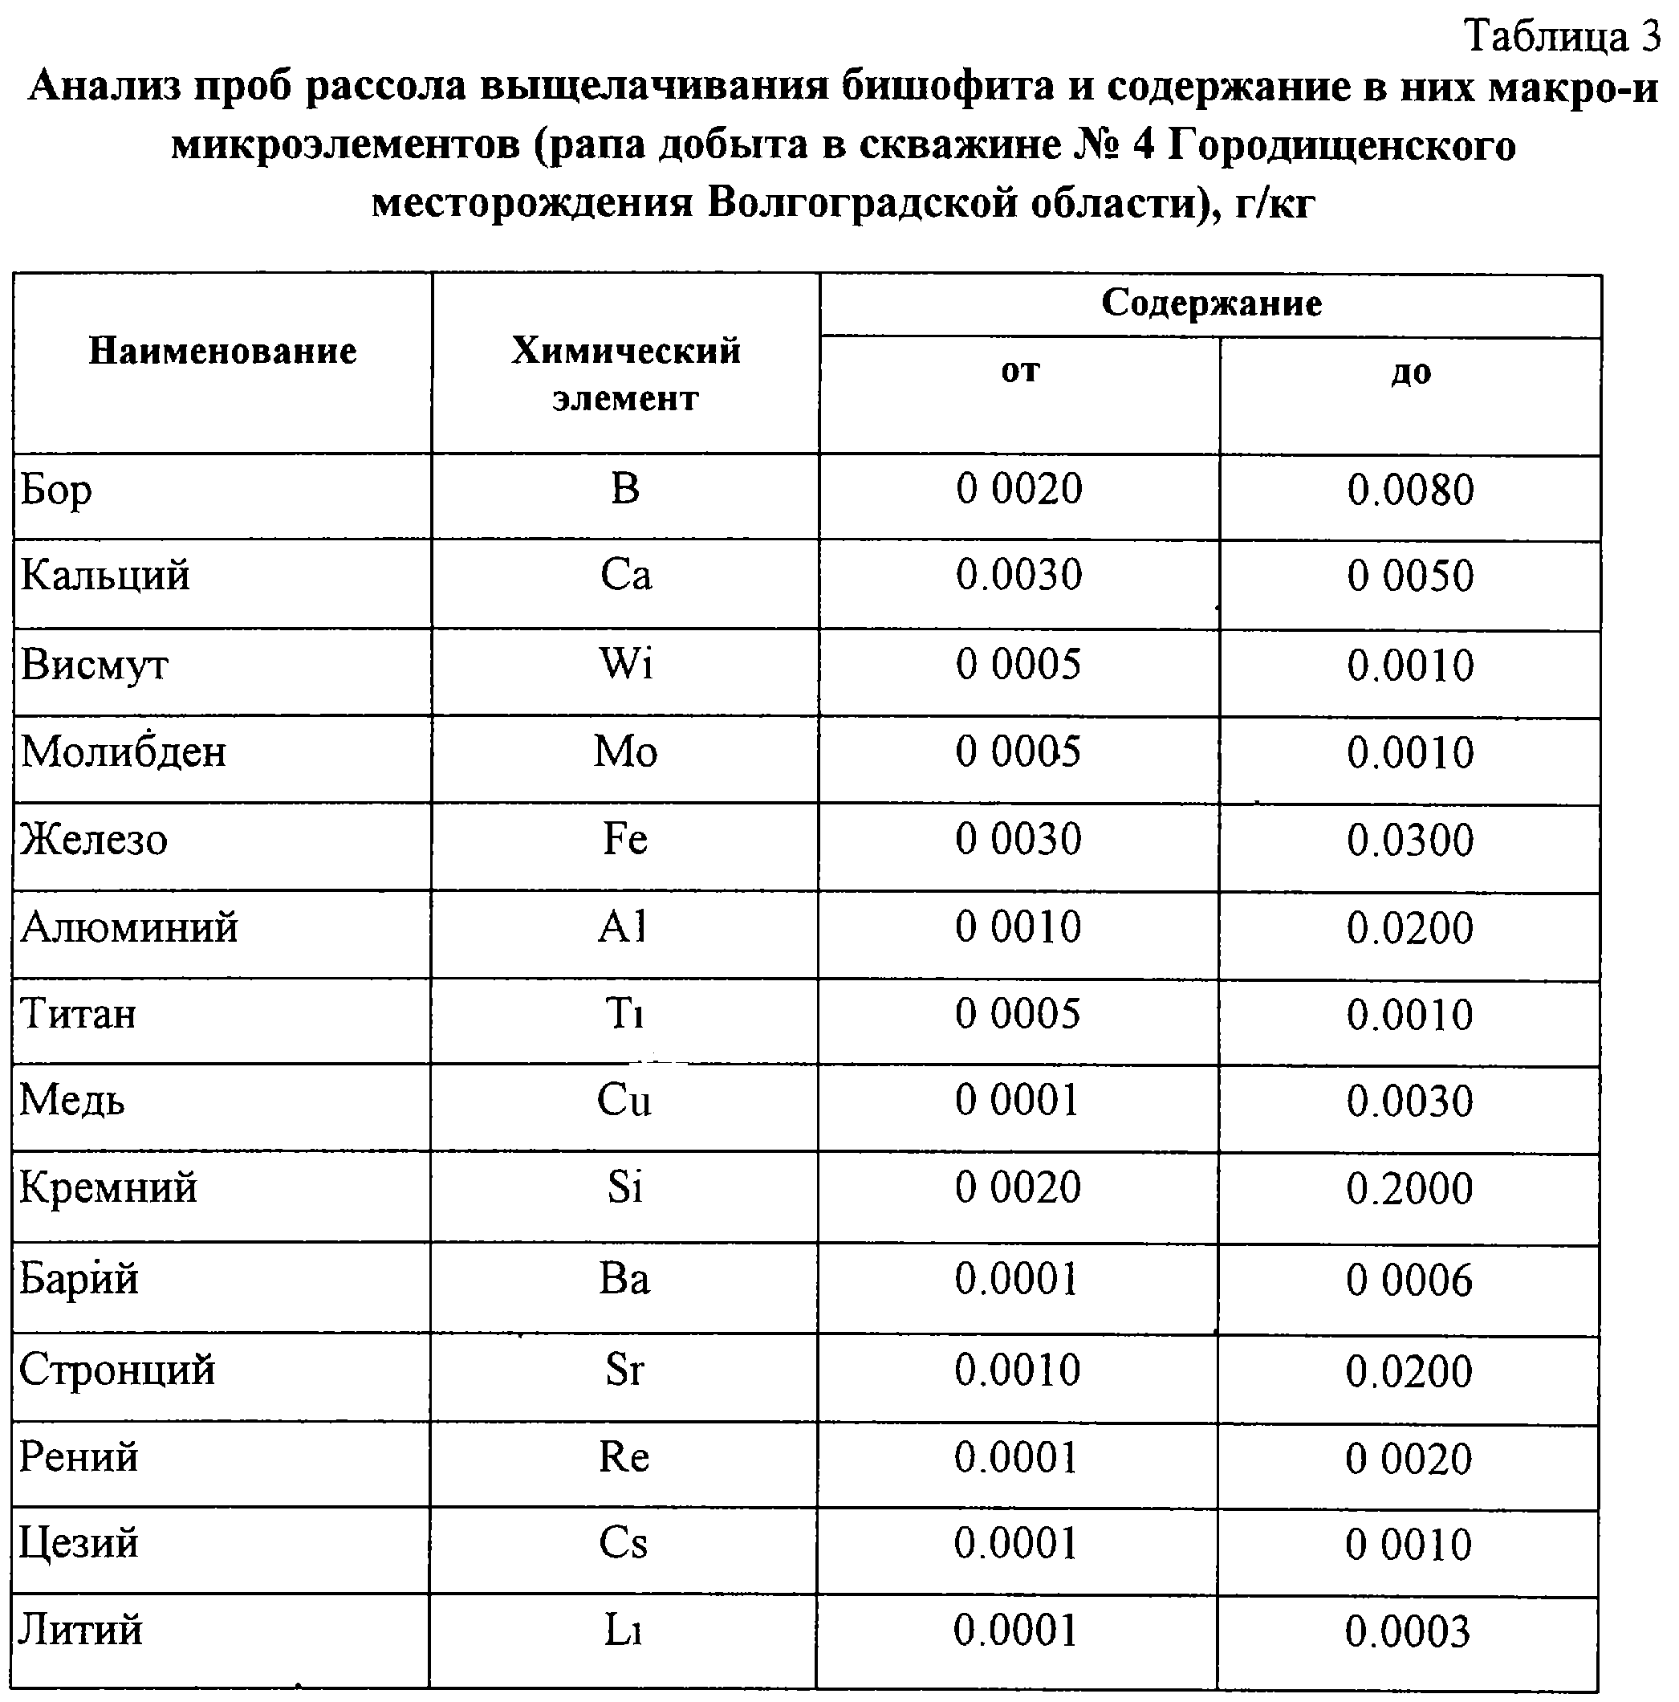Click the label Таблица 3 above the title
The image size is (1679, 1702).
(1562, 37)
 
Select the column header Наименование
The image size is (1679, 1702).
(222, 352)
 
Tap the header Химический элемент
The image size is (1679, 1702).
(624, 373)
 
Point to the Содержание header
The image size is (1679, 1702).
(1210, 303)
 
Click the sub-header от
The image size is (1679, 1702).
(1019, 370)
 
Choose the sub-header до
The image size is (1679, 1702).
(1410, 372)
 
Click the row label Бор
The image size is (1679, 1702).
(56, 490)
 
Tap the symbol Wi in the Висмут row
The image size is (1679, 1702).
(625, 663)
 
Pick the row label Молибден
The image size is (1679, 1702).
(124, 751)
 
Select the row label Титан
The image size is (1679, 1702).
(79, 1013)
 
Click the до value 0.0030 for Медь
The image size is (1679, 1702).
(1409, 1101)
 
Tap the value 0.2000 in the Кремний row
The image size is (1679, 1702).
(1409, 1188)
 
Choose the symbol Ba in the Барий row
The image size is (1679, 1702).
(624, 1278)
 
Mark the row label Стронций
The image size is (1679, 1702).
(117, 1370)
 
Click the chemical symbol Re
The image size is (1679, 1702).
(624, 1457)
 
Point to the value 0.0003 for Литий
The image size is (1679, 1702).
(1408, 1631)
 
